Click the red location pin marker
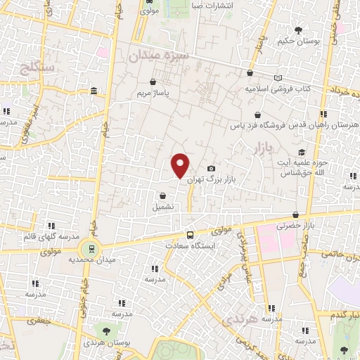coord(181,165)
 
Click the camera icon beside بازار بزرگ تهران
coord(211,169)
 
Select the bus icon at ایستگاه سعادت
coord(190,236)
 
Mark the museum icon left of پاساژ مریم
coord(94,92)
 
